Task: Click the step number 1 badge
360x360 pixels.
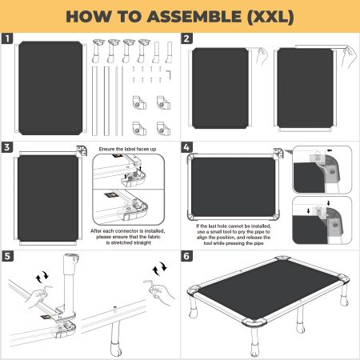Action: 7,38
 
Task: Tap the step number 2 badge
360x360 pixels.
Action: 186,38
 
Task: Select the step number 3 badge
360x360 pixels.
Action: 7,147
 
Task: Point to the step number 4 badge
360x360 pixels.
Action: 186,147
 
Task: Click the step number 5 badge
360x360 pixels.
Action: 7,257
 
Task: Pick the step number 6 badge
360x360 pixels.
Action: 186,257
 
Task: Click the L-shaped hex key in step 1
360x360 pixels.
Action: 169,72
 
